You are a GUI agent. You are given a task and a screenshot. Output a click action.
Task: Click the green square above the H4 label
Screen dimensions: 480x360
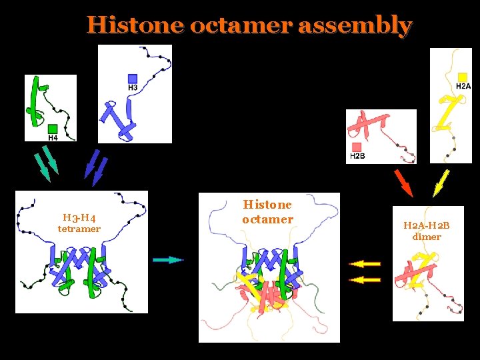tap(52, 128)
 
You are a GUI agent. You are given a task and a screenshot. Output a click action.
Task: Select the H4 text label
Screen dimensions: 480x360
tap(53, 138)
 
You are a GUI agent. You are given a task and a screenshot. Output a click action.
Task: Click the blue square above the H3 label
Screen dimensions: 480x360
tap(133, 78)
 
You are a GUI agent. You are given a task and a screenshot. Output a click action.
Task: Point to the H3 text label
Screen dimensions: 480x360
tap(133, 87)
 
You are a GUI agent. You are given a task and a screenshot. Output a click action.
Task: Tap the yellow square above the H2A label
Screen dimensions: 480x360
tap(463, 77)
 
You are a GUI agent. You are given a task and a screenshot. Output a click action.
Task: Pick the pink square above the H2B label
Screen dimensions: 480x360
tap(357, 147)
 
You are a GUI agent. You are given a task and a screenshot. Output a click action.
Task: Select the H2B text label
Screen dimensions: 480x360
tap(357, 156)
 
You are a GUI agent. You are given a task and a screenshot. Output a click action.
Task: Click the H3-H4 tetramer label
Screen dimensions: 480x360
tap(79, 223)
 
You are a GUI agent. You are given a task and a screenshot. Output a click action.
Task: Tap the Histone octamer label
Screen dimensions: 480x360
tap(267, 212)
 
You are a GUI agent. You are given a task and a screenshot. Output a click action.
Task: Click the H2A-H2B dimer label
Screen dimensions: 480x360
tap(427, 231)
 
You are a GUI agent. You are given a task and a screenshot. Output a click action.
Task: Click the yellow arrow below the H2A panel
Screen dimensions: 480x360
tap(441, 183)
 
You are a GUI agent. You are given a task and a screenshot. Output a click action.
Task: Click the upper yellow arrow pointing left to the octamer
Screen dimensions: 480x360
tap(364, 264)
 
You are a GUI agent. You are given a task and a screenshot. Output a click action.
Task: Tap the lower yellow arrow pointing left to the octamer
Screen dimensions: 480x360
tap(364, 279)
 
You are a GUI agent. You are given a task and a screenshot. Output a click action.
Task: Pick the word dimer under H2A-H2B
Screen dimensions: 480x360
tap(427, 237)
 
